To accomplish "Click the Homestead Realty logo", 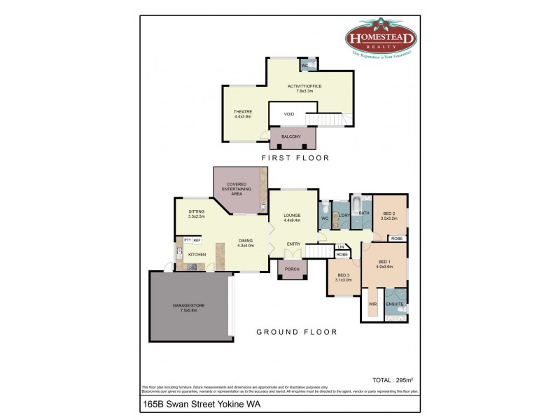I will tap(381, 38).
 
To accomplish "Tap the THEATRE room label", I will tap(243, 114).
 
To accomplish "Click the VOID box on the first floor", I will tap(288, 114).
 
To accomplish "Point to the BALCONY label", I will tap(290, 136).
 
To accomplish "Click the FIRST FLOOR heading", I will tap(295, 158).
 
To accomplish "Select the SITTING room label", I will tap(196, 213).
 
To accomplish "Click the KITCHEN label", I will tap(197, 254).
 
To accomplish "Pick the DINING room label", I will tap(245, 242).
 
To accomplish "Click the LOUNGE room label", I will tap(292, 217).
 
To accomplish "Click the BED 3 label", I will tap(344, 277).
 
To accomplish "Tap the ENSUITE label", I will tap(395, 304).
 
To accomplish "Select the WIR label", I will tap(372, 304).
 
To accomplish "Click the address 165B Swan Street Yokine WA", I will tap(188, 404).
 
